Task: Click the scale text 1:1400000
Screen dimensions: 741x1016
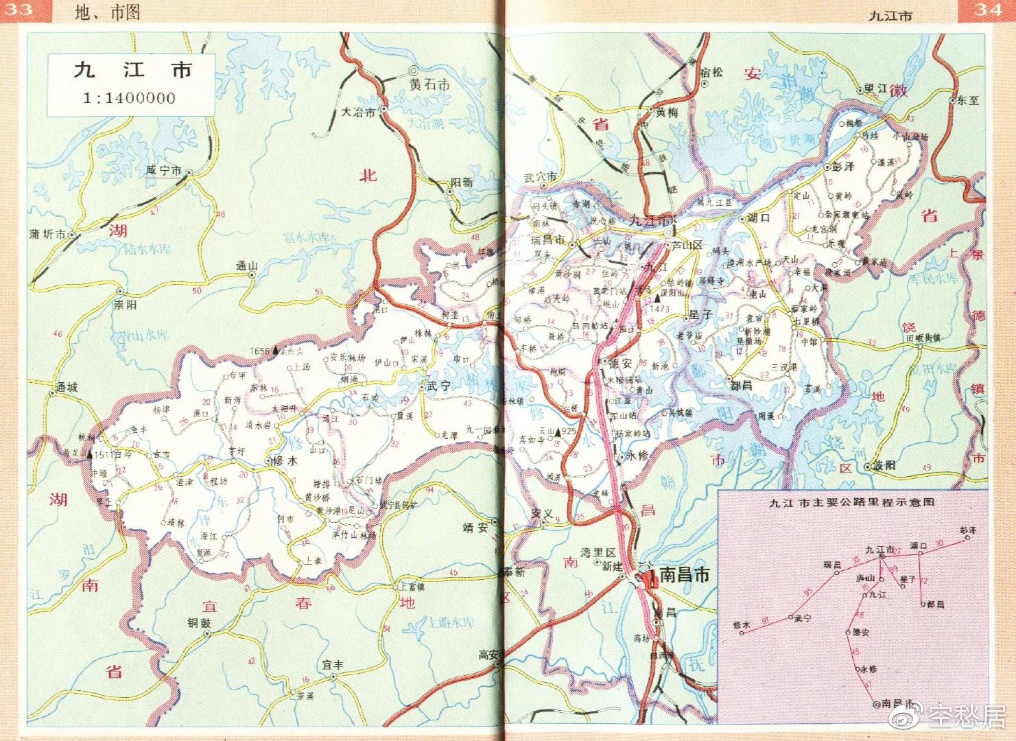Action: tap(129, 98)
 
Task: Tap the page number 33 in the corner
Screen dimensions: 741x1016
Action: tap(17, 10)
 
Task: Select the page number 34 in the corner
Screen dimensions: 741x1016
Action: tap(988, 10)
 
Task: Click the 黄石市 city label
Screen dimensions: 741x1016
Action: tap(429, 85)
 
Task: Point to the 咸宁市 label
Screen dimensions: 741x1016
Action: tap(163, 171)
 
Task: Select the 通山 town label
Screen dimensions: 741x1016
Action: tap(246, 266)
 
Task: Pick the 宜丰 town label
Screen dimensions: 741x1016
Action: tap(333, 665)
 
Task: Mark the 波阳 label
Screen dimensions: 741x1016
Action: tap(884, 465)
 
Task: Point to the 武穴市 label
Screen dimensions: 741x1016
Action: tap(540, 178)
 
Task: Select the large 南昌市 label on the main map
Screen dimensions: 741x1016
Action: tap(683, 575)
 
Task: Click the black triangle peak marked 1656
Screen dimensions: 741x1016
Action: tap(276, 351)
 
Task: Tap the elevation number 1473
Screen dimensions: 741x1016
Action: tap(659, 309)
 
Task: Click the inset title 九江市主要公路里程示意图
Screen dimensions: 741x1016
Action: tap(852, 502)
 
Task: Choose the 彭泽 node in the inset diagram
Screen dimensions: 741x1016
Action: tap(967, 538)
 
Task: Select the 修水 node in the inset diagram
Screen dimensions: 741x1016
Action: tap(742, 633)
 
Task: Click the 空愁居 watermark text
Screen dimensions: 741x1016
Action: tap(967, 717)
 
